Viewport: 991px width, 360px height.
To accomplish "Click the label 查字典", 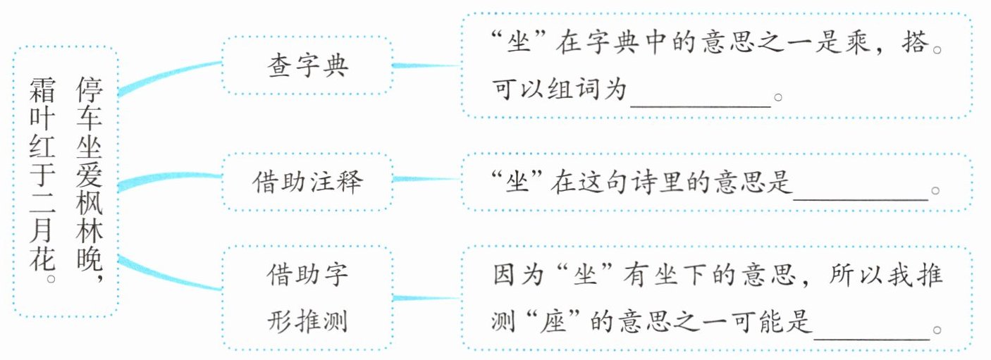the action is tap(307, 66).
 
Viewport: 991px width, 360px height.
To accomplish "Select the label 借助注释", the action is tap(307, 182).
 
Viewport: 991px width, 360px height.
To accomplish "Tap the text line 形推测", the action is tap(307, 321).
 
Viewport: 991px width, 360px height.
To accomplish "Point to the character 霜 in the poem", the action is tap(42, 89).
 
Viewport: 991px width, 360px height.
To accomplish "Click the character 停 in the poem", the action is tap(90, 89).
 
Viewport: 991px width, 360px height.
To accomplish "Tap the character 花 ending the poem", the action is tap(42, 259).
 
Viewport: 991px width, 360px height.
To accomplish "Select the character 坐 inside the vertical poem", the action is tap(90, 147).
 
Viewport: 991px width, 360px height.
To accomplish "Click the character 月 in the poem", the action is tap(42, 230).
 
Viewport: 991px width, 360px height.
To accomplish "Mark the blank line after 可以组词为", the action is tap(701, 106).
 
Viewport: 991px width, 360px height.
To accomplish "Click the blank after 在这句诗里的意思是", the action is tap(861, 199).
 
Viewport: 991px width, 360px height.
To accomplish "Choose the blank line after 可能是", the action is tap(872, 339).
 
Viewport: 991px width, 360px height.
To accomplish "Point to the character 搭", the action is tap(914, 43).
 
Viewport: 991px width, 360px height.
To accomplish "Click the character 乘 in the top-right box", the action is tap(858, 43).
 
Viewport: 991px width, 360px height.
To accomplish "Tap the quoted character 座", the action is tap(553, 321).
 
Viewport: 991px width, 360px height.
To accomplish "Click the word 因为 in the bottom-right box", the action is tap(519, 274).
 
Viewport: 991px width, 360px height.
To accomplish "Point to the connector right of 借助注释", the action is tap(426, 179).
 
